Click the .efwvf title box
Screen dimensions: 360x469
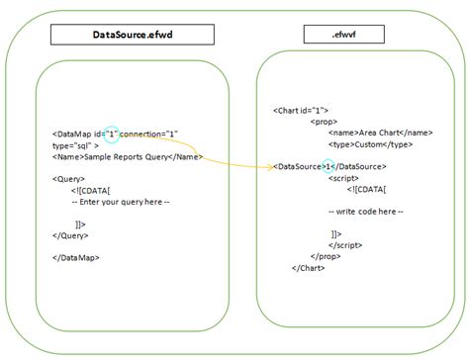pyautogui.click(x=344, y=35)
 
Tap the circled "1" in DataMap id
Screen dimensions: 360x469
pyautogui.click(x=112, y=134)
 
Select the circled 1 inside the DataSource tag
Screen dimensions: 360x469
pyautogui.click(x=328, y=166)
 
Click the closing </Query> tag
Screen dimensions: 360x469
pyautogui.click(x=70, y=236)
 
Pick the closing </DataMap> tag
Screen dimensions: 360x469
pyautogui.click(x=75, y=257)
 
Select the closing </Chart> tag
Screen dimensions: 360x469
pyautogui.click(x=309, y=267)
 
